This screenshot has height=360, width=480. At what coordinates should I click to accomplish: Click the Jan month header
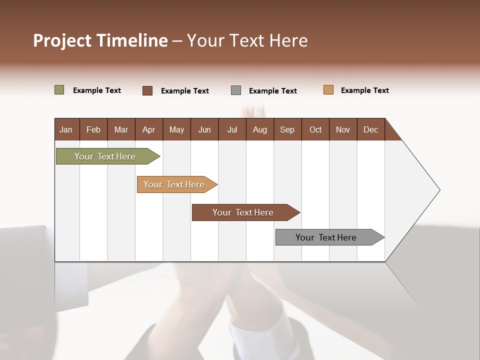pyautogui.click(x=66, y=129)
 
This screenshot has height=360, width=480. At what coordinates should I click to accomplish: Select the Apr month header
pyautogui.click(x=148, y=129)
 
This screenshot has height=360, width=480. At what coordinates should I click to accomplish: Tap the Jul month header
pyautogui.click(x=232, y=129)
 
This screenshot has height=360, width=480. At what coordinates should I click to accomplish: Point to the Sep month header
pyautogui.click(x=287, y=129)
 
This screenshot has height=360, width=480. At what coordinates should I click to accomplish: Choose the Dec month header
pyautogui.click(x=370, y=129)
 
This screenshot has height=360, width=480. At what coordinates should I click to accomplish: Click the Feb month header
pyautogui.click(x=93, y=129)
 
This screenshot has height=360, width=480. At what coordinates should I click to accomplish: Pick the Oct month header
pyautogui.click(x=315, y=129)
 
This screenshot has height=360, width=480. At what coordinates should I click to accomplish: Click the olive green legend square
pyautogui.click(x=59, y=90)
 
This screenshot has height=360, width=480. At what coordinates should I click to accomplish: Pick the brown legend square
pyautogui.click(x=147, y=90)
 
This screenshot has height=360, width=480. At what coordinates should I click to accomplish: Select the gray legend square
pyautogui.click(x=236, y=90)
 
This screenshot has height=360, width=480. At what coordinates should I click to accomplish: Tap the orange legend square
pyautogui.click(x=328, y=90)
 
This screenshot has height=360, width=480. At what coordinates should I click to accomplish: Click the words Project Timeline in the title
pyautogui.click(x=100, y=40)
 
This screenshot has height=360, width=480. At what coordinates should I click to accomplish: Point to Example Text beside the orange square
pyautogui.click(x=364, y=90)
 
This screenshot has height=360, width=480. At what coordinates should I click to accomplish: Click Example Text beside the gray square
pyautogui.click(x=272, y=91)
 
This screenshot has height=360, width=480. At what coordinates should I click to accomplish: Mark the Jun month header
pyautogui.click(x=204, y=129)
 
